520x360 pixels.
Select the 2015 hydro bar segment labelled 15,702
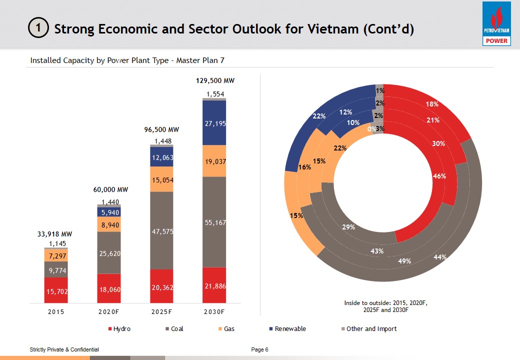point(56,290)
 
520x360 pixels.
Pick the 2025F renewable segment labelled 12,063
point(162,156)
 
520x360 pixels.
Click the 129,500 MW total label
point(214,80)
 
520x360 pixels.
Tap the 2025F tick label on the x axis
point(161,311)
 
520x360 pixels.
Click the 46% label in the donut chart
point(439,176)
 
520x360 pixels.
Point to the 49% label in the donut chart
point(404,261)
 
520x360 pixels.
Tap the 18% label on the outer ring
point(432,104)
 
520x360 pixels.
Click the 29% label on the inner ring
point(348,227)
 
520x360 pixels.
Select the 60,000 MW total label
point(111,190)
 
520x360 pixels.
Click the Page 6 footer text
point(260,349)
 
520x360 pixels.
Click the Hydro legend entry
point(119,328)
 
